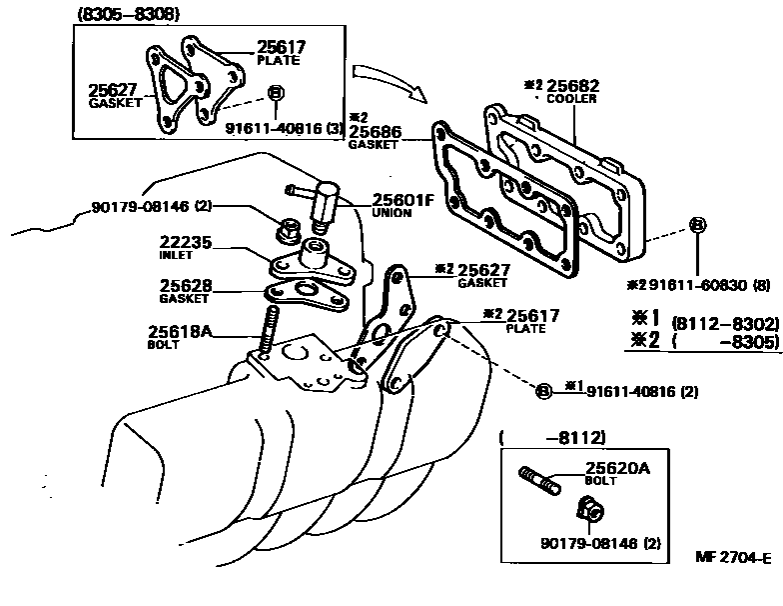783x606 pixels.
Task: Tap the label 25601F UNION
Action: click(402, 199)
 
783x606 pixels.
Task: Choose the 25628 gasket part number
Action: click(187, 286)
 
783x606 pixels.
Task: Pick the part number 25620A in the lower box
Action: click(617, 467)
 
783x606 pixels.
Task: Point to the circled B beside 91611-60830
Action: click(697, 225)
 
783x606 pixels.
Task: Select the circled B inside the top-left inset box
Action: click(277, 94)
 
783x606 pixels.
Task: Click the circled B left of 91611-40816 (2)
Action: click(544, 391)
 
